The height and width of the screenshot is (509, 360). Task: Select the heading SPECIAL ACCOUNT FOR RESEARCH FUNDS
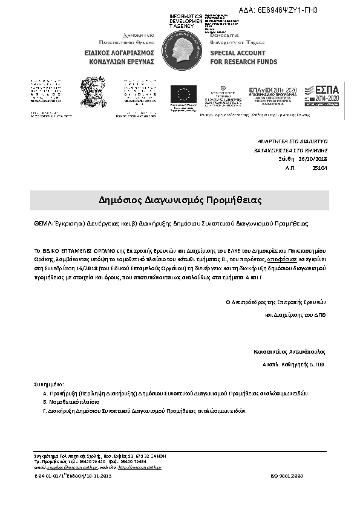click(x=243, y=57)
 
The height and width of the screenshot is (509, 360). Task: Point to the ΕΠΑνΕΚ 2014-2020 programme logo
click(x=273, y=96)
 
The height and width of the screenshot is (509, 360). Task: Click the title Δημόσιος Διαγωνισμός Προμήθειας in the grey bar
click(x=179, y=199)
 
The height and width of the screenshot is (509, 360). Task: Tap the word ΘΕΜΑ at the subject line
click(x=42, y=223)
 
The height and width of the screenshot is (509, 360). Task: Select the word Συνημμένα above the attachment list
click(x=48, y=384)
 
